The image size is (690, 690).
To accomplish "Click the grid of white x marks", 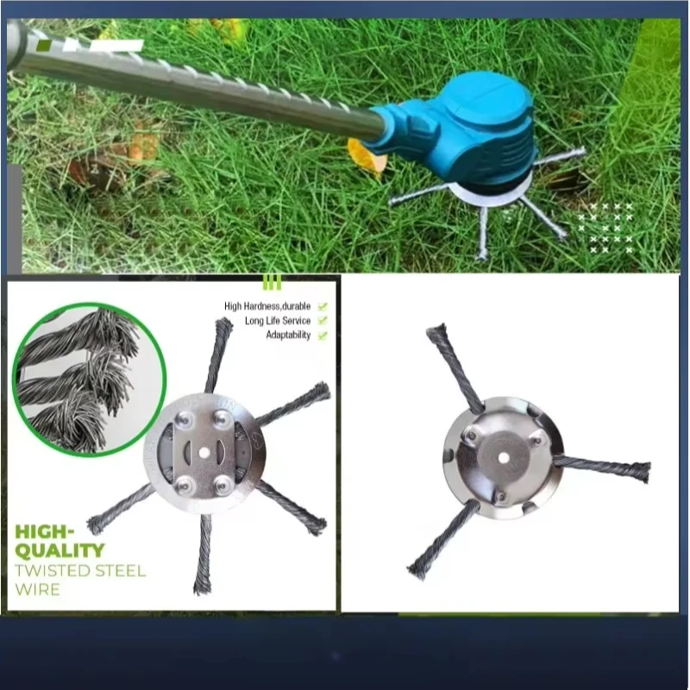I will coord(605,228).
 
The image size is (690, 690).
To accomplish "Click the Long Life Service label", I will coord(277,321).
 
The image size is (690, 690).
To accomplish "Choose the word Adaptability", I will coord(288,336).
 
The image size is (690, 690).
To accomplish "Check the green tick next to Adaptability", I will coord(323,336).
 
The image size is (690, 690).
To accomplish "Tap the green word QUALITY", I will coord(61,549).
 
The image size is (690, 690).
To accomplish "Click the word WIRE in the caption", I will coord(38,590).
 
